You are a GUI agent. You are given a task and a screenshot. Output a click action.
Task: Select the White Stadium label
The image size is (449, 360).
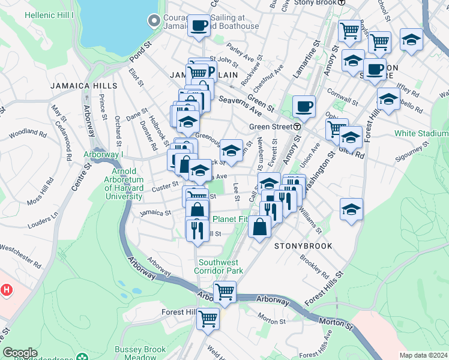(421, 133)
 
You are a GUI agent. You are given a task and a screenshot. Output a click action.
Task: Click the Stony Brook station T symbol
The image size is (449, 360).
(342, 2)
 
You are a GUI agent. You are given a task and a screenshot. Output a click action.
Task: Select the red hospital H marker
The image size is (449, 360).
(7, 290)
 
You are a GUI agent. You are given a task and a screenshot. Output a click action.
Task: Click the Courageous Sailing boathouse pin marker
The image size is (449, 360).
(154, 20)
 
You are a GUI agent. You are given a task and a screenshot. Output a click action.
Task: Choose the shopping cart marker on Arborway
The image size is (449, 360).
(224, 292)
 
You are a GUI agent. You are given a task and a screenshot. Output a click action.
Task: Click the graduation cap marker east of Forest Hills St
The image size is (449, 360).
(351, 208)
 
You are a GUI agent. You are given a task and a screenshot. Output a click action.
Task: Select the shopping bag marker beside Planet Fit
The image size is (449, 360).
(259, 227)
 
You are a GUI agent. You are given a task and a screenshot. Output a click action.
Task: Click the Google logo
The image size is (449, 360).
(20, 353)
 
